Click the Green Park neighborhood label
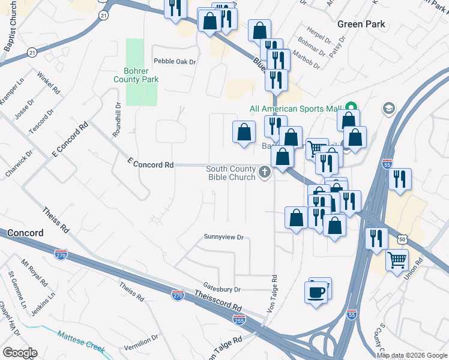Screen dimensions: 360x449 pyautogui.click(x=361, y=24)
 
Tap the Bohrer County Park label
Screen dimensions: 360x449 pyautogui.click(x=136, y=74)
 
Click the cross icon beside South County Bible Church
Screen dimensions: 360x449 pyautogui.click(x=264, y=173)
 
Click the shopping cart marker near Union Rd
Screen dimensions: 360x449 pyautogui.click(x=397, y=260)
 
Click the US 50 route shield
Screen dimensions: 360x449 pyautogui.click(x=401, y=239)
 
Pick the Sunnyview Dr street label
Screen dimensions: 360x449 pyautogui.click(x=223, y=237)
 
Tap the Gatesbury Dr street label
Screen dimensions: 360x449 pyautogui.click(x=221, y=289)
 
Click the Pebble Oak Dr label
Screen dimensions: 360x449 pyautogui.click(x=175, y=61)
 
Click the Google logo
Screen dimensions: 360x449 pyautogui.click(x=19, y=353)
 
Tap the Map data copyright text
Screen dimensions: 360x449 pyautogui.click(x=411, y=356)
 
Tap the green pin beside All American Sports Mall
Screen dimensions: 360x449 pyautogui.click(x=352, y=108)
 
